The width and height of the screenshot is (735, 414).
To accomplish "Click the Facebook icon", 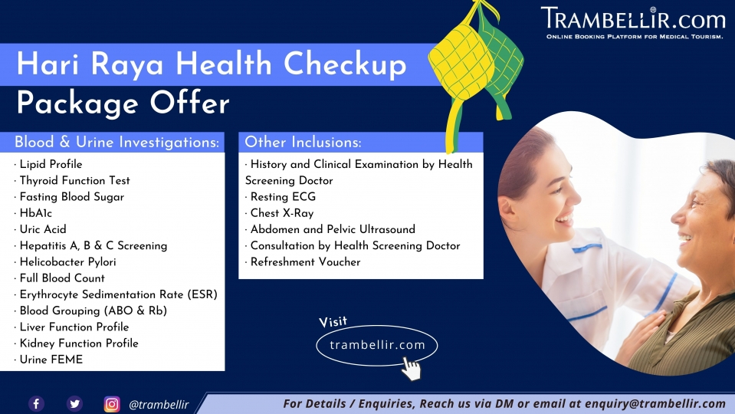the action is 37,404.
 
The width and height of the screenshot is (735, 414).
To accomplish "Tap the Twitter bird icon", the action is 74,404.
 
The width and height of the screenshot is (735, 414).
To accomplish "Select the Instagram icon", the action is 112,404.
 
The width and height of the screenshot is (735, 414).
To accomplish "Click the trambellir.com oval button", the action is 377,346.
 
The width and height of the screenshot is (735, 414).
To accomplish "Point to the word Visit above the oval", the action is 333,322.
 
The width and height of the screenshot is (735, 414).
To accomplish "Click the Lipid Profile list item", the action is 51,164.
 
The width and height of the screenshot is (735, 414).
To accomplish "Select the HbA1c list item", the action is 35,213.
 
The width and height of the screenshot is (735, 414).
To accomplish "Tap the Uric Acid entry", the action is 43,229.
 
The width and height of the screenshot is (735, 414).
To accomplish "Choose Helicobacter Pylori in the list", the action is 68,261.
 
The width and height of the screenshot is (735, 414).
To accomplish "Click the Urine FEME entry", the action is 51,360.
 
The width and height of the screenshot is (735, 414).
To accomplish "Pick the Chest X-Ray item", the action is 282,213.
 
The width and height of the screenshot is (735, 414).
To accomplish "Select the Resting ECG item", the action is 283,197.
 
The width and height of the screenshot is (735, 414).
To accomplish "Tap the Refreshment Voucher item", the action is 305,261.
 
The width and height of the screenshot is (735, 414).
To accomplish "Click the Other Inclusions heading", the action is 303,142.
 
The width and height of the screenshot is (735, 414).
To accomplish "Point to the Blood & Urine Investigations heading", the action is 116,142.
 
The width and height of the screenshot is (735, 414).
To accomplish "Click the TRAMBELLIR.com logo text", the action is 633,18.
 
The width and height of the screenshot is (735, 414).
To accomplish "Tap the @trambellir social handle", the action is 159,405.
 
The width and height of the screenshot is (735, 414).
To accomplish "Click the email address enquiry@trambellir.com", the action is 655,404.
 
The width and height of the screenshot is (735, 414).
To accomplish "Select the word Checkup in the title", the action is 345,64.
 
